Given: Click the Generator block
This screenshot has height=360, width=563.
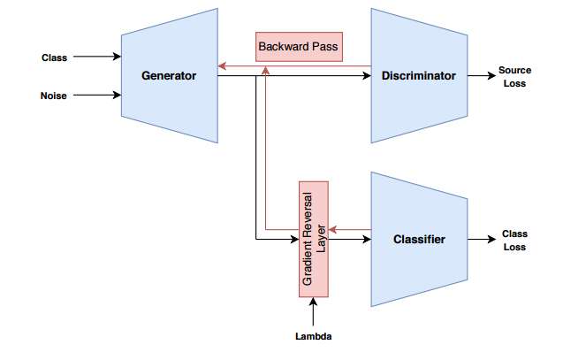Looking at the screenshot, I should point(168,76).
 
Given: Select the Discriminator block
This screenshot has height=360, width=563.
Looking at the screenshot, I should point(418,76).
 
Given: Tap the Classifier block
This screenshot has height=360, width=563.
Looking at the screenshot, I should point(418,239).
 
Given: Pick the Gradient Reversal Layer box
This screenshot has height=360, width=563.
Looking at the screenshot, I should point(314,239).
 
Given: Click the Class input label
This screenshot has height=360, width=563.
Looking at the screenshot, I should point(54,57).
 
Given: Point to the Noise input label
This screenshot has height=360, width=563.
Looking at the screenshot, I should point(54,95).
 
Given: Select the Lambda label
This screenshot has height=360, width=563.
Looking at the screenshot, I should point(314,337).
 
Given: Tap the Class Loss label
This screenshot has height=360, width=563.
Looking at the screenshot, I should point(514,241).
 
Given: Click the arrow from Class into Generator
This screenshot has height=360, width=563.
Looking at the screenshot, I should point(97,57).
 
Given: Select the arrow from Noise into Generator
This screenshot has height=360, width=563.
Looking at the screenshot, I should point(97,95).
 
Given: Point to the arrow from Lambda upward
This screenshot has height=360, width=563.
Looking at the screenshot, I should point(314,313).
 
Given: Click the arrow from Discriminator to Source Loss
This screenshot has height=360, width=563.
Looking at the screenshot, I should point(481,76).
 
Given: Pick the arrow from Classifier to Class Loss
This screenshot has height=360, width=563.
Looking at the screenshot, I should point(481,240).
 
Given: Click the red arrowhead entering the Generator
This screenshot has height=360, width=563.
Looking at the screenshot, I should point(221,66).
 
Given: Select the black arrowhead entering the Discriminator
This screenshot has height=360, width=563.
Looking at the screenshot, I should point(367,76).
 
